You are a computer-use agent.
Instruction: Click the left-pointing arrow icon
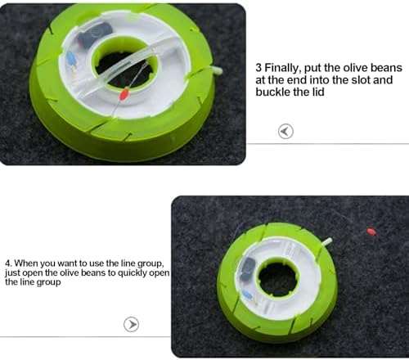pyautogui.click(x=285, y=132)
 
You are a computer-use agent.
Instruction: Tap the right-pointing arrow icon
pyautogui.click(x=131, y=324)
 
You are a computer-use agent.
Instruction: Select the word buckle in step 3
pyautogui.click(x=273, y=92)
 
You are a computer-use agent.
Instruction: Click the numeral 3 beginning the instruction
pyautogui.click(x=258, y=68)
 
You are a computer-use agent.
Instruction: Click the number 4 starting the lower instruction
pyautogui.click(x=8, y=263)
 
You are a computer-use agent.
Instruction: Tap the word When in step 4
pyautogui.click(x=25, y=263)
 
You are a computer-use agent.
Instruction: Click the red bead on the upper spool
pyautogui.click(x=124, y=94)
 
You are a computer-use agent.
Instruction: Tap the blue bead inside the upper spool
pyautogui.click(x=71, y=57)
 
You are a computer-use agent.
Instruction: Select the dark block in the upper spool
pyautogui.click(x=95, y=34)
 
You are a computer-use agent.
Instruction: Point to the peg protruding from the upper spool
pyautogui.click(x=217, y=70)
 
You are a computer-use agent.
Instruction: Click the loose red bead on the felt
pyautogui.click(x=371, y=232)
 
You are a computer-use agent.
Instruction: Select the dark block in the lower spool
pyautogui.click(x=248, y=268)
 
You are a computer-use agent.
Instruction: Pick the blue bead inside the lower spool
pyautogui.click(x=247, y=295)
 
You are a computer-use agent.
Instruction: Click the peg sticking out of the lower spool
pyautogui.click(x=327, y=241)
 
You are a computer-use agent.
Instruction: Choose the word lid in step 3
pyautogui.click(x=318, y=92)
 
